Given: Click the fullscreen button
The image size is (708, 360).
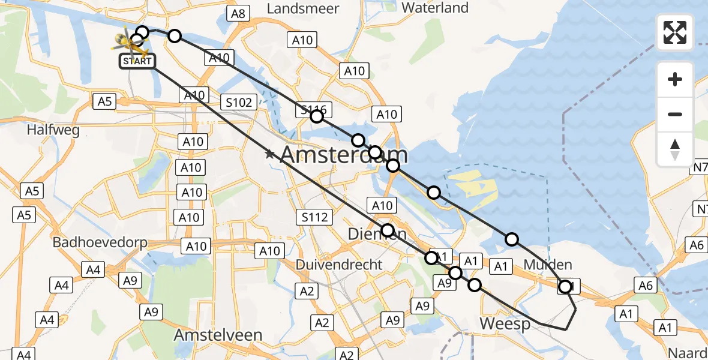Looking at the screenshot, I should tap(675, 32).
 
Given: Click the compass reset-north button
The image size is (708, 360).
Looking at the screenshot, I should tap(675, 149).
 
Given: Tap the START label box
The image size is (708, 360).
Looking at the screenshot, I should tap(138, 61).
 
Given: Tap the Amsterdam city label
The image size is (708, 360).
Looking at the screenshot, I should tap(344, 155).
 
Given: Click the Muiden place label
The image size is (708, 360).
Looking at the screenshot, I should tap(548, 265).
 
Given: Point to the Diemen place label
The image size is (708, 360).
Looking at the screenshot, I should tap(378, 234).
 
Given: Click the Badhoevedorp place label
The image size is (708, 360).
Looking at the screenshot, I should tap(100, 242).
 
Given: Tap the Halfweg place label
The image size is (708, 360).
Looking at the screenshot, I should tap(53, 130).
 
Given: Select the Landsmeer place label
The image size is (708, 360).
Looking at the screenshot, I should tap(303, 8).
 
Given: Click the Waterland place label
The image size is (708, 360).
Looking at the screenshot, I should tap(435, 8).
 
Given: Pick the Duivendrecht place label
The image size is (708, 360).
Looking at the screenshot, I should tap(339, 264).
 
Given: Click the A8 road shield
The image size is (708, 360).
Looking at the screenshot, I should tap(238, 14).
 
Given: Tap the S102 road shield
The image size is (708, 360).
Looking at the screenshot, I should tap(239, 103).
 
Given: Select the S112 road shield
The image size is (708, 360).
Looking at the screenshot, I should tap(315, 217).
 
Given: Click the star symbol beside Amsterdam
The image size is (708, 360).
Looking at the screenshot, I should tap(270, 154).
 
